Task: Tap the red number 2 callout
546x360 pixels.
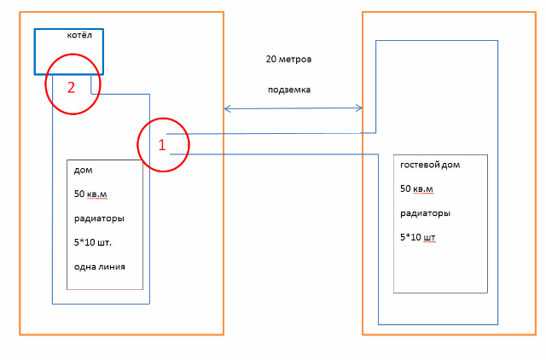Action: tap(72, 85)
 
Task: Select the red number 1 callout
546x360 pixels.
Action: tap(162, 145)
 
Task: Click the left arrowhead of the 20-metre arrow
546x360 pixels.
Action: tap(226, 108)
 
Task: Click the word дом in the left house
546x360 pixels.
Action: tap(84, 170)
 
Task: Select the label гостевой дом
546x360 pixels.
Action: tap(431, 165)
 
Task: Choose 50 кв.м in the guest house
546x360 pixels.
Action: tap(417, 189)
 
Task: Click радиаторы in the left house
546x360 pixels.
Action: tap(99, 218)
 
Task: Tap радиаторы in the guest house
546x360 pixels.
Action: tap(425, 213)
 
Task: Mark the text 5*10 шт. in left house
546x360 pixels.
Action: tap(93, 242)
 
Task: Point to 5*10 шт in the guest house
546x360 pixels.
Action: tap(418, 237)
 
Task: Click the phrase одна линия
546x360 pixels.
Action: tap(100, 266)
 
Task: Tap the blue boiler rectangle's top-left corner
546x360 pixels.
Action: tap(35, 29)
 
